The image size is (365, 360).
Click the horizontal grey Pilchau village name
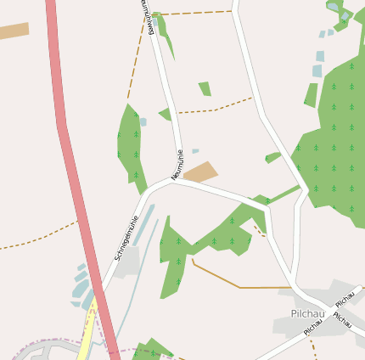click(x=307, y=312)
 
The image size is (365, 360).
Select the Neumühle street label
click(x=177, y=165)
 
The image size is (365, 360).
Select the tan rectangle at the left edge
click(x=14, y=31)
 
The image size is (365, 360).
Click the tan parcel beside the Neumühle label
click(x=201, y=172)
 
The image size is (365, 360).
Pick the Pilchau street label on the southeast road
click(x=342, y=320)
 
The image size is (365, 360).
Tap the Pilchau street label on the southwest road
click(x=312, y=326)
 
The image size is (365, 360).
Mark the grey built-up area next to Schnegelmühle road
click(x=127, y=262)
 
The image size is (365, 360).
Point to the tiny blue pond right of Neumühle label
click(x=195, y=151)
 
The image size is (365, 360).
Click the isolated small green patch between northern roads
click(x=205, y=88)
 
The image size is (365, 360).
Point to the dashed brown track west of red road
click(x=38, y=238)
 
